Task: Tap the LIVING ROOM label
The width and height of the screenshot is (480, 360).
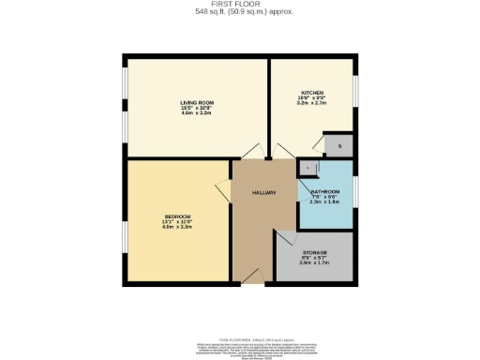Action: (x=198, y=101)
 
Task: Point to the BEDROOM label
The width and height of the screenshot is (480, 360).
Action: (x=176, y=216)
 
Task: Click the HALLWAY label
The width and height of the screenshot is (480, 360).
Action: (x=264, y=192)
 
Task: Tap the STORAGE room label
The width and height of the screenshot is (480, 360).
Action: (x=315, y=252)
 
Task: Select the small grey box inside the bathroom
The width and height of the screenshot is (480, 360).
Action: (x=308, y=167)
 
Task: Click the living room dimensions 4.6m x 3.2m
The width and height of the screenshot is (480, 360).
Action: (x=198, y=112)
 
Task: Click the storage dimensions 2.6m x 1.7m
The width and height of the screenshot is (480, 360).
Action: (x=315, y=263)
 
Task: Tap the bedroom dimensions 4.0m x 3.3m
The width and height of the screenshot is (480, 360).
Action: (x=176, y=227)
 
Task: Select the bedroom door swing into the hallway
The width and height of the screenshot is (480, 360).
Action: (x=224, y=190)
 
